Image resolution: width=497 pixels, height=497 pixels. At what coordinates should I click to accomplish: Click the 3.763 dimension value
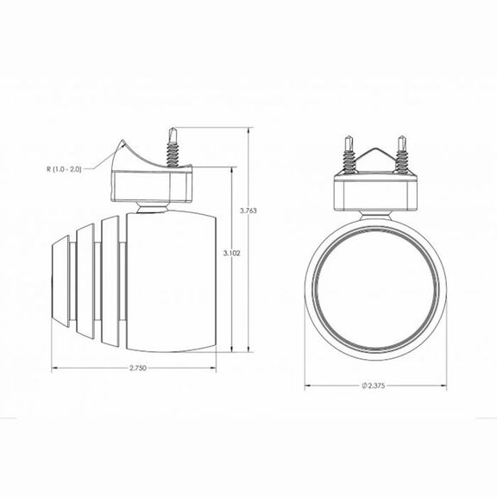point(248,211)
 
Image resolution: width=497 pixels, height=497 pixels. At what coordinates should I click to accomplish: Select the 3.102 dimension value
point(232,254)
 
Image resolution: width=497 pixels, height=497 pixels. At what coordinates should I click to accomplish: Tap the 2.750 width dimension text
point(138,368)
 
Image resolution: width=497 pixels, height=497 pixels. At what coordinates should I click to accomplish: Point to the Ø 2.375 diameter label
point(374,386)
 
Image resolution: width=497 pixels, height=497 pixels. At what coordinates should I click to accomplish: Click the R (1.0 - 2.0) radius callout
point(65,169)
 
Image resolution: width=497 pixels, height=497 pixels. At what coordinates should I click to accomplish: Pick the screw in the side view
point(173,148)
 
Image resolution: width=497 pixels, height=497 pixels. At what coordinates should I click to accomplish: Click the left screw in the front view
point(349,154)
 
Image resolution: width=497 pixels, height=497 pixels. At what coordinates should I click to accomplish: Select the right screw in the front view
point(401,154)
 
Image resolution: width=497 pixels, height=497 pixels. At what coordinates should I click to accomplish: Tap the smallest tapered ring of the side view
point(60,280)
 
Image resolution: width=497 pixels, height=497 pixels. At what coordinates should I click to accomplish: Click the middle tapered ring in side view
point(85,281)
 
